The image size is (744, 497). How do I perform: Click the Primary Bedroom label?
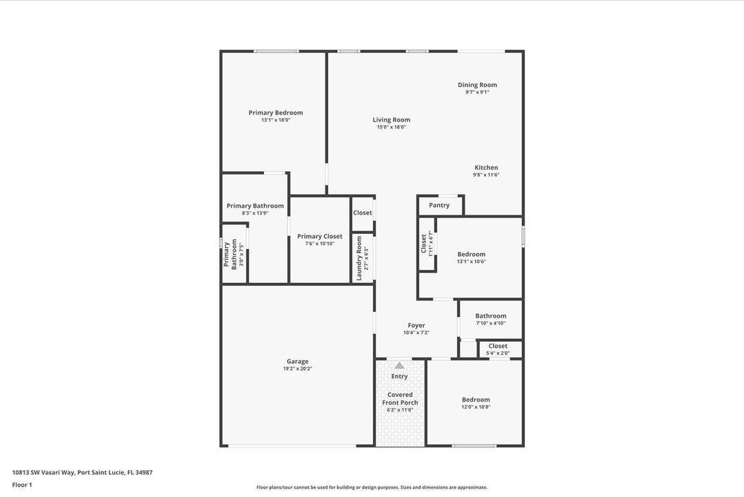(x=275, y=113)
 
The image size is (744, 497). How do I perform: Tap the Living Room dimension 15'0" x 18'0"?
(x=391, y=127)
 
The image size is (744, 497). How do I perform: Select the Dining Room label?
(x=477, y=85)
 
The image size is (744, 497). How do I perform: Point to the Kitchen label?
(x=485, y=168)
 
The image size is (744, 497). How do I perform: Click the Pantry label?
(x=439, y=205)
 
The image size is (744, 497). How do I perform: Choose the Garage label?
(x=297, y=361)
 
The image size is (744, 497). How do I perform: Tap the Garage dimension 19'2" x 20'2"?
(x=297, y=369)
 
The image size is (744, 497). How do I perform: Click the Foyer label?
(x=416, y=325)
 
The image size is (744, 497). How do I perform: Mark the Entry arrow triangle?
(x=399, y=365)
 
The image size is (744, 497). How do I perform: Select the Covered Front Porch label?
(x=400, y=398)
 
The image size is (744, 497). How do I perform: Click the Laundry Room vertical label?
(x=359, y=258)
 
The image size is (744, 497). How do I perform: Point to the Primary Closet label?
(x=319, y=236)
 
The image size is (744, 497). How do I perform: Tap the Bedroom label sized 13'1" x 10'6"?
(x=471, y=254)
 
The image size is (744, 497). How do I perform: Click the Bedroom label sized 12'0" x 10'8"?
(x=476, y=400)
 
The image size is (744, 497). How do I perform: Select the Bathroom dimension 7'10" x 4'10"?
(x=490, y=323)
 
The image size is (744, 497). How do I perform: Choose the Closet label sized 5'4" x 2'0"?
(x=497, y=346)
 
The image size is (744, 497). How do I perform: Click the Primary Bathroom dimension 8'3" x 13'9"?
(x=254, y=213)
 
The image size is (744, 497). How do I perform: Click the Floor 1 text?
(x=22, y=485)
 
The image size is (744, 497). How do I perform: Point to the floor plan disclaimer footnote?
(x=372, y=487)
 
